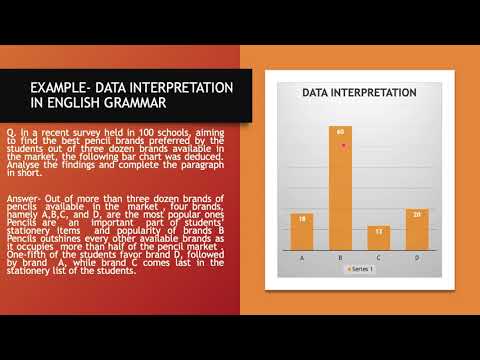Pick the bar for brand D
(x=418, y=230)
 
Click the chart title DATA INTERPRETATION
(x=360, y=93)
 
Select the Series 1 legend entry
(x=361, y=269)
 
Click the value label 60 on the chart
(x=342, y=131)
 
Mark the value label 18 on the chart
(x=303, y=217)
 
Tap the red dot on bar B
(x=343, y=146)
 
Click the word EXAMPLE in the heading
(x=60, y=87)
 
